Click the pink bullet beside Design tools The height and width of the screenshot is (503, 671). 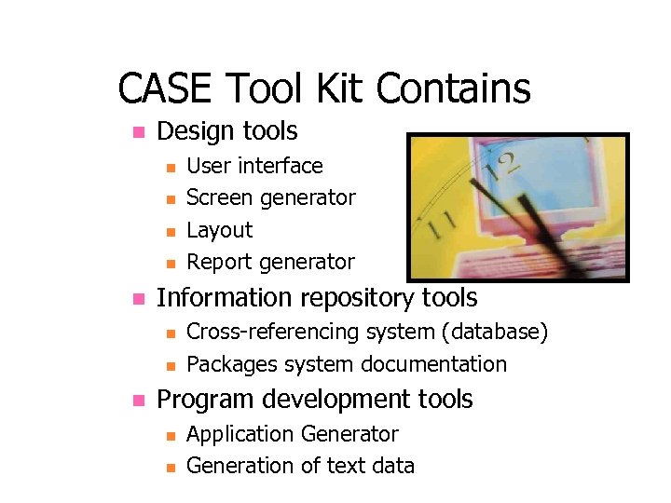pos(137,131)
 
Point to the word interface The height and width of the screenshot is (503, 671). pos(280,166)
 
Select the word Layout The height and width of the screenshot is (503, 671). pos(220,230)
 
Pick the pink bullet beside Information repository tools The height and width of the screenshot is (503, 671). pos(137,299)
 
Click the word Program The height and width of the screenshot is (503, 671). pos(204,400)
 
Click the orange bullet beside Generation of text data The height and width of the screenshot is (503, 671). pos(170,467)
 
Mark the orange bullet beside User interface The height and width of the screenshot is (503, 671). pos(170,168)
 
